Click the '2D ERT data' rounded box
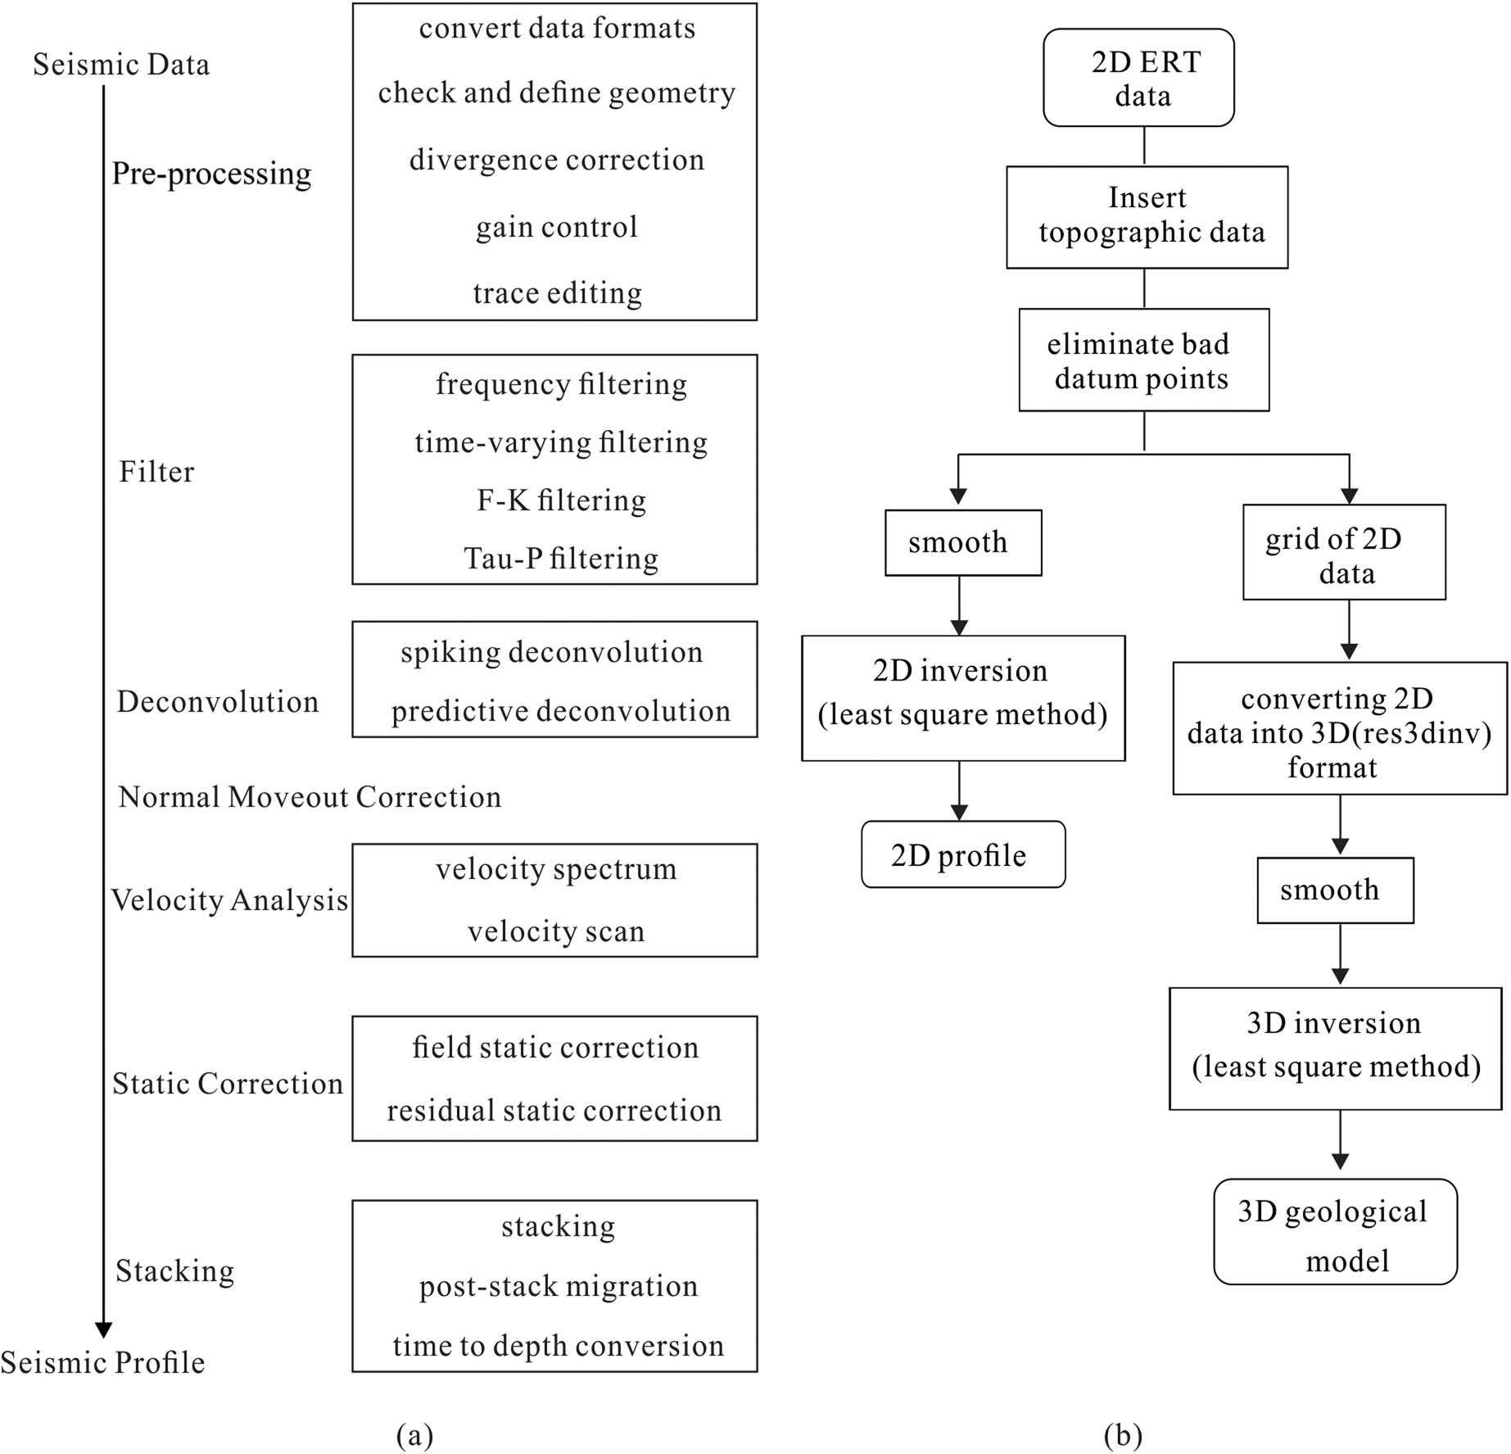pos(1138,78)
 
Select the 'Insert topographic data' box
pos(1147,217)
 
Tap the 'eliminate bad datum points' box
pos(1143,360)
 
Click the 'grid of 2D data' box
pos(1343,553)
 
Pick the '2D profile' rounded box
pos(963,854)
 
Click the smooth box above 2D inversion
pos(963,542)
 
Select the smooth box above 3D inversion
pos(1335,890)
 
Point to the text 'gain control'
pos(556,227)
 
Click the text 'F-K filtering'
pos(561,501)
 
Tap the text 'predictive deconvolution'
pos(560,711)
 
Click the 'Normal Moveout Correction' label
pos(310,797)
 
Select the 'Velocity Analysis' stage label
pos(229,900)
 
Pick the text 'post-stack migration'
pos(558,1286)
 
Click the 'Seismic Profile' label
pos(102,1362)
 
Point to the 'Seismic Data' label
pos(121,65)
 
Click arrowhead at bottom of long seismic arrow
pos(103,1329)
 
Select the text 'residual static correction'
pos(554,1111)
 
